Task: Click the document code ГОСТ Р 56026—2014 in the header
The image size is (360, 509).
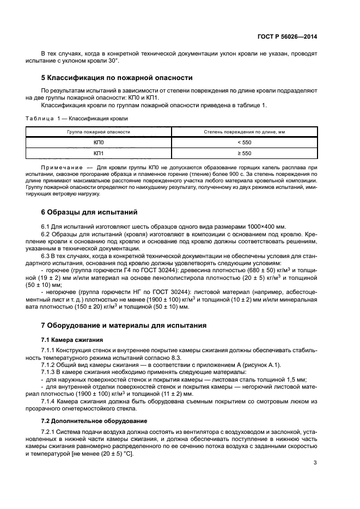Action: pyautogui.click(x=287, y=36)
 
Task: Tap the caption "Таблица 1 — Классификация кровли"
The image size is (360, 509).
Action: pyautogui.click(x=77, y=118)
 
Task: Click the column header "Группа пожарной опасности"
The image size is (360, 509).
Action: pyautogui.click(x=99, y=132)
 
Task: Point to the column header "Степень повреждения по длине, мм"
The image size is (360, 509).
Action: pyautogui.click(x=244, y=132)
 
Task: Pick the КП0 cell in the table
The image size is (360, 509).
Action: pyautogui.click(x=99, y=142)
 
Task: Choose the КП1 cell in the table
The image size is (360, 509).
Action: pyautogui.click(x=99, y=153)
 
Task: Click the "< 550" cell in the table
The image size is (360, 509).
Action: pyautogui.click(x=244, y=142)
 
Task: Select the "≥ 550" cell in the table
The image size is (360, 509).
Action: pyautogui.click(x=244, y=153)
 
